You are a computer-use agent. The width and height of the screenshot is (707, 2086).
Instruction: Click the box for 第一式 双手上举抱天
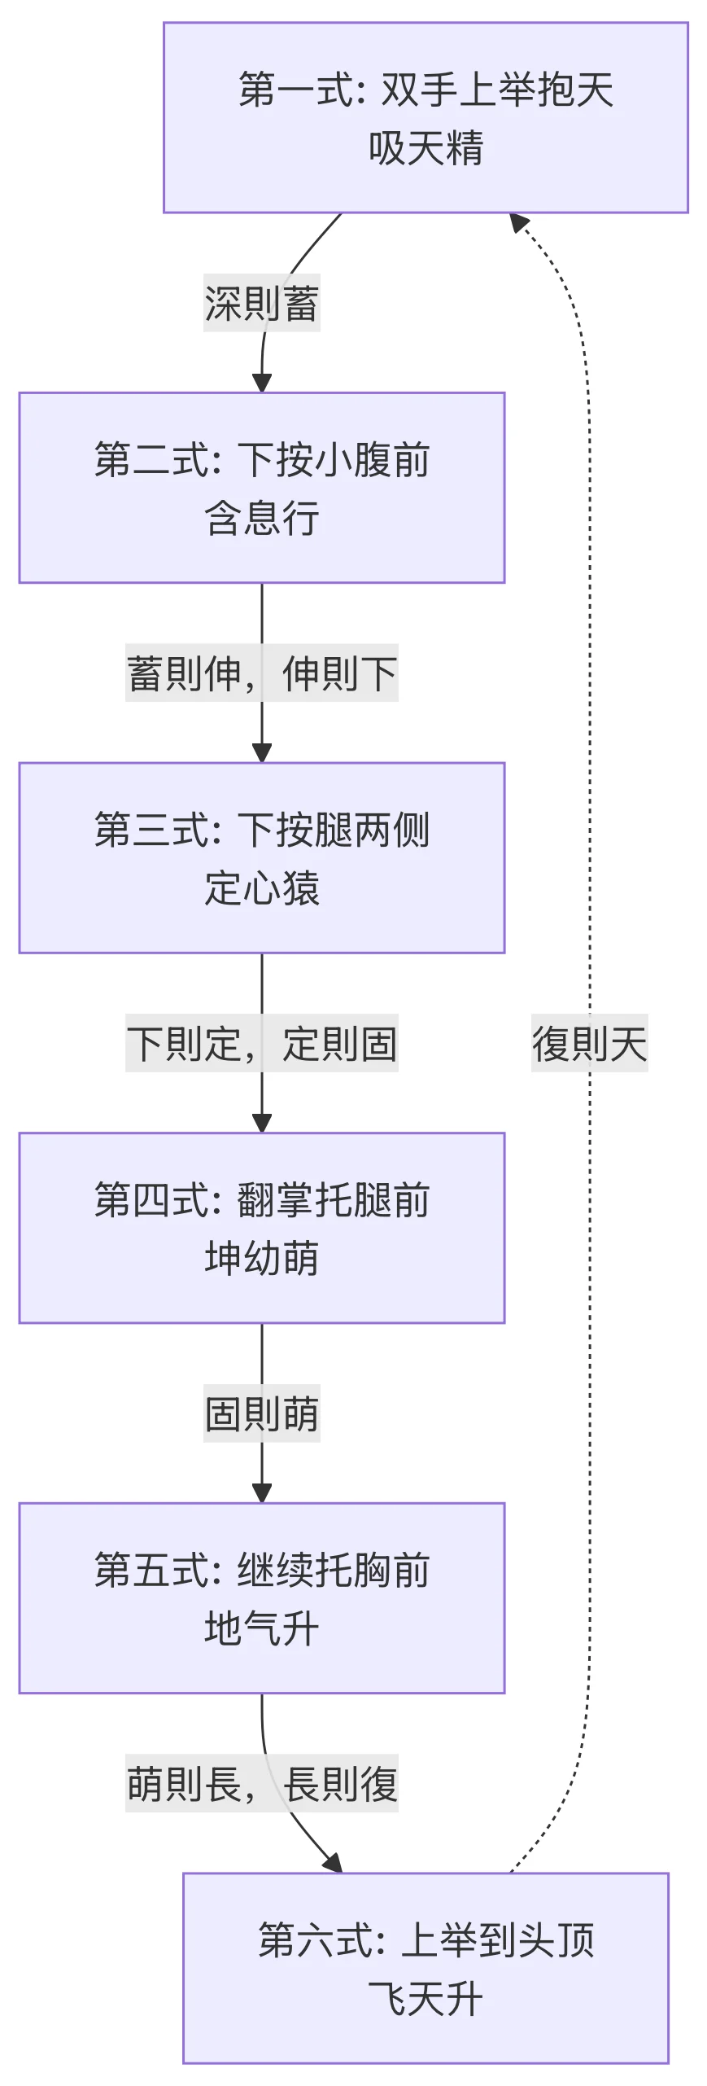click(x=426, y=117)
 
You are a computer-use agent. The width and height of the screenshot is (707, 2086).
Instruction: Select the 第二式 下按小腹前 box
click(x=261, y=488)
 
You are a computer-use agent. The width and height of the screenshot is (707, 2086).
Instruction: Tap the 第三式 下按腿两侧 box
click(x=261, y=857)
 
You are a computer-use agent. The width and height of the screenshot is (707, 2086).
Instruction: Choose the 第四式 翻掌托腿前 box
click(x=261, y=1228)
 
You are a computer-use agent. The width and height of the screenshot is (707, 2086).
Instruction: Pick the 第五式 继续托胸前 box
click(x=261, y=1597)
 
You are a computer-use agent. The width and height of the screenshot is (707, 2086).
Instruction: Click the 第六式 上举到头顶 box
click(x=426, y=1968)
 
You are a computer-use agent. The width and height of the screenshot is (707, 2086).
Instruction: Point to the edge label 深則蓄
click(x=261, y=303)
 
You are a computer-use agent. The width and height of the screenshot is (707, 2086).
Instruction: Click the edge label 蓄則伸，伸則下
click(x=261, y=673)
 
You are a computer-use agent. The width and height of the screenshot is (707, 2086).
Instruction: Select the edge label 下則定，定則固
click(x=261, y=1043)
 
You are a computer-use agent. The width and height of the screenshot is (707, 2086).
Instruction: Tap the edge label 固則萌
click(x=261, y=1413)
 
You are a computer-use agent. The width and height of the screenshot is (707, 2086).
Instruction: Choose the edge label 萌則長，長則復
click(x=261, y=1783)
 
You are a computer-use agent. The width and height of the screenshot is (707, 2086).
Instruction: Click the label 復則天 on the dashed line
click(x=589, y=1043)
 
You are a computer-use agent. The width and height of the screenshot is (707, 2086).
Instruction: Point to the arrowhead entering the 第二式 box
click(x=261, y=383)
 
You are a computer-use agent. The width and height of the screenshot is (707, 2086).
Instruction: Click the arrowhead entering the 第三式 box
click(x=261, y=753)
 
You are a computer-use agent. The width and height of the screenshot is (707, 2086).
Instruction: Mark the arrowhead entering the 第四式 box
click(x=261, y=1124)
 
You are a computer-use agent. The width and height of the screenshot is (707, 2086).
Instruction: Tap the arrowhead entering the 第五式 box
click(x=261, y=1493)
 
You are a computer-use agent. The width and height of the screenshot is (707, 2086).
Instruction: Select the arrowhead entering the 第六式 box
click(x=334, y=1863)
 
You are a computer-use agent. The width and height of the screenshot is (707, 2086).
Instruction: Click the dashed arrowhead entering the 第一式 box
click(x=518, y=221)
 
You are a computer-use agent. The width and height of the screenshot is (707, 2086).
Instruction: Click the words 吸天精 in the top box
click(x=426, y=148)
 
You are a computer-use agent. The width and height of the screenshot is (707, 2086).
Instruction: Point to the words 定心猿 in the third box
click(x=261, y=888)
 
